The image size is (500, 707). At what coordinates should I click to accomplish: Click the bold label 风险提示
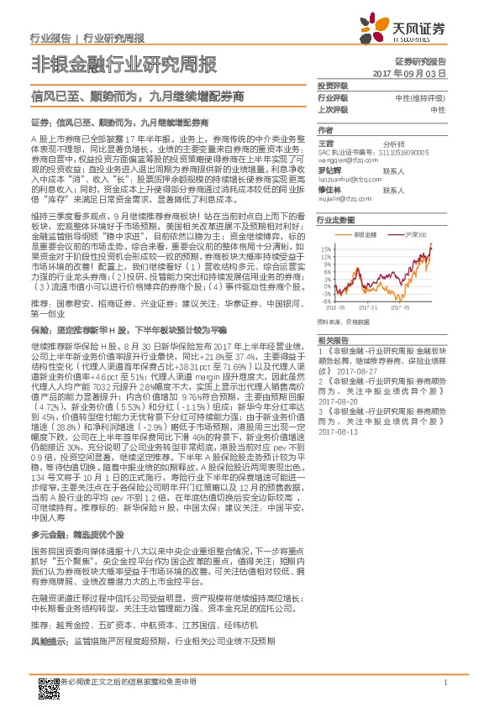48,641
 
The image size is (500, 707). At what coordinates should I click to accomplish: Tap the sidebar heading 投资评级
332,87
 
